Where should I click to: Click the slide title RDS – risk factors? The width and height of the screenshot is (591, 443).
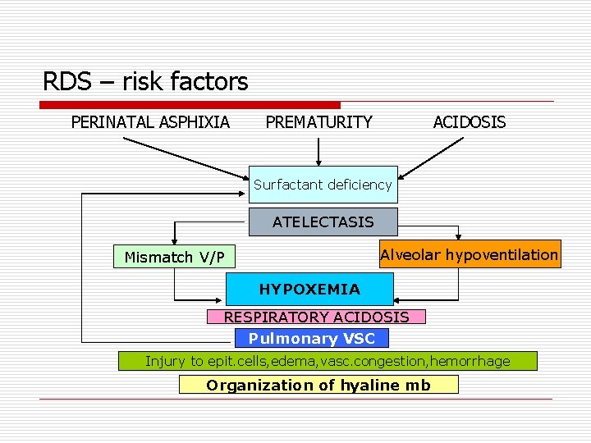click(x=145, y=82)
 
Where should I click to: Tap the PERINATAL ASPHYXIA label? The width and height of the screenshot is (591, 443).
click(x=150, y=122)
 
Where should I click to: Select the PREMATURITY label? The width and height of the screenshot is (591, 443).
click(x=318, y=122)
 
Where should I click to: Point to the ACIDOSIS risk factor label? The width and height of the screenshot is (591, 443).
click(x=469, y=122)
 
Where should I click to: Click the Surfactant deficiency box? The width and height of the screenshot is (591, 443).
click(x=323, y=185)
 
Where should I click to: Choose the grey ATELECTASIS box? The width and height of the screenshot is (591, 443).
click(x=323, y=221)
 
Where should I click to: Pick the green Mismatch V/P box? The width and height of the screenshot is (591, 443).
click(x=174, y=257)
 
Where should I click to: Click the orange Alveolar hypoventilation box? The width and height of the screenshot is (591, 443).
click(x=469, y=254)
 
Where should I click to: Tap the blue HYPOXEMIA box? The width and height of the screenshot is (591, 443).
click(x=309, y=289)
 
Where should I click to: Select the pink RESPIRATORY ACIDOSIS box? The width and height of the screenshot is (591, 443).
click(x=316, y=317)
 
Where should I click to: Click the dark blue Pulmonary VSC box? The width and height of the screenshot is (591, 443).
click(x=311, y=338)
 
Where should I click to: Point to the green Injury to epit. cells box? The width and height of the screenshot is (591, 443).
click(x=328, y=361)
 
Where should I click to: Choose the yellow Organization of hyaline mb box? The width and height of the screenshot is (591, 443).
click(x=318, y=385)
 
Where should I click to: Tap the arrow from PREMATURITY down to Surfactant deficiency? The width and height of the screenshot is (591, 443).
click(x=319, y=152)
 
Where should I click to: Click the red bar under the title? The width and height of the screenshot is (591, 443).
click(x=190, y=105)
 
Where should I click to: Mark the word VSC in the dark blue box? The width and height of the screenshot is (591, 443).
click(x=359, y=338)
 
